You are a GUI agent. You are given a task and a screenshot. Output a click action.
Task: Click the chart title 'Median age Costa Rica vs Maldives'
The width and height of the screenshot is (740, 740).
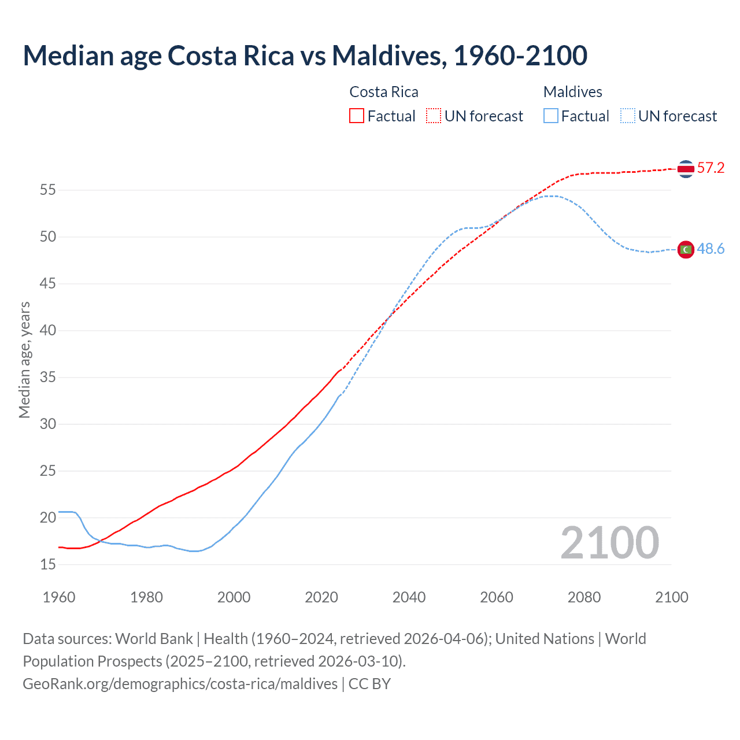click(305, 55)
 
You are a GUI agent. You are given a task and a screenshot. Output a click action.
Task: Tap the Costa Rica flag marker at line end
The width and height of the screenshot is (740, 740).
click(686, 169)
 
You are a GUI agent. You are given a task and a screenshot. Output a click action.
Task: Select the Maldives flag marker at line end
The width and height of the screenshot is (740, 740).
click(686, 249)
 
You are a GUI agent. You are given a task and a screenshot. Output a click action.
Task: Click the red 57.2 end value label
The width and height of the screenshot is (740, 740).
click(711, 168)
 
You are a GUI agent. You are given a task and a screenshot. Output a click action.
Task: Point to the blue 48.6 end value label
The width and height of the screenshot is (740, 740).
click(711, 249)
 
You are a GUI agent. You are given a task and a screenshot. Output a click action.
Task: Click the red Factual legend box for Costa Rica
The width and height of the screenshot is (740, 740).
click(357, 116)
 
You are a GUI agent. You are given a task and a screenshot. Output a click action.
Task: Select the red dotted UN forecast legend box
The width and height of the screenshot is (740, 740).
click(434, 116)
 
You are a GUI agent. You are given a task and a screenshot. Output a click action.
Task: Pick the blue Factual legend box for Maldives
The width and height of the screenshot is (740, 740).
click(551, 116)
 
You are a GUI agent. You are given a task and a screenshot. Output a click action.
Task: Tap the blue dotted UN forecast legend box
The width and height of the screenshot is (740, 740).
click(628, 116)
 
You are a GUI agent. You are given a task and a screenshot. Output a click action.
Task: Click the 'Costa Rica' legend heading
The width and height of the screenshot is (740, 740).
click(384, 92)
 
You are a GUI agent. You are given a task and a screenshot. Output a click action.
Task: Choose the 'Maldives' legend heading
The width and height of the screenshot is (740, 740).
click(572, 92)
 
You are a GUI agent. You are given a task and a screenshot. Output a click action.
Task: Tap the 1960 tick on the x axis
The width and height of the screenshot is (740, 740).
click(59, 597)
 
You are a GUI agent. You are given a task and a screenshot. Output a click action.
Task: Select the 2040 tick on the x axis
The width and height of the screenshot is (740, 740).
click(409, 597)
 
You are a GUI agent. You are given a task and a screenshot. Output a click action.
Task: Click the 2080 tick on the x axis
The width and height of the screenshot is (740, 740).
click(584, 597)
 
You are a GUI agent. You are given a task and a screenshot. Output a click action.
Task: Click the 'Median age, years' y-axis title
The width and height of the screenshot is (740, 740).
click(24, 360)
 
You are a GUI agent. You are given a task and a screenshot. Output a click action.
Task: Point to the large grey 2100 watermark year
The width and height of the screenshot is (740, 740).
click(609, 543)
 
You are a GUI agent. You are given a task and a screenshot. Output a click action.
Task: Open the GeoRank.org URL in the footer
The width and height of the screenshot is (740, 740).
click(180, 684)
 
